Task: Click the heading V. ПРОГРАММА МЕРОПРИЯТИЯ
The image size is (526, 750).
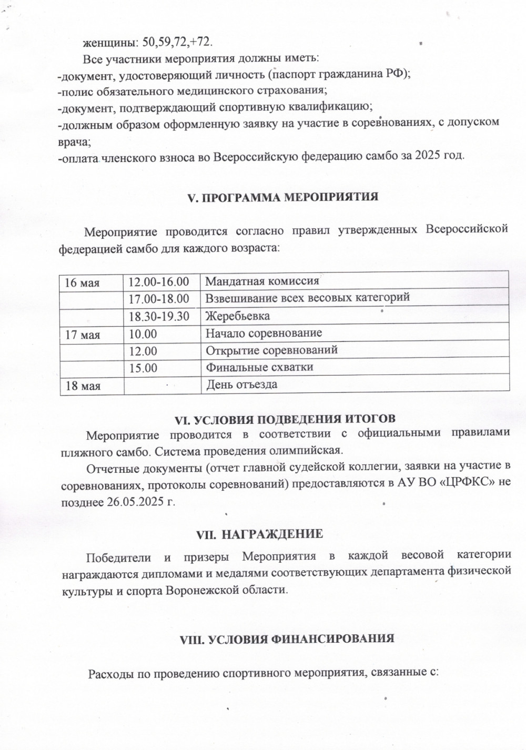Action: pos(283,198)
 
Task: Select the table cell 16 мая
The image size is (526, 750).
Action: pos(82,282)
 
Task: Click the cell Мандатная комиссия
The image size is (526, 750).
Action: pos(262,281)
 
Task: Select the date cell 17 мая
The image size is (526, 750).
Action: pos(83,334)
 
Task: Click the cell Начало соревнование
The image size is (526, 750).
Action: pos(264,333)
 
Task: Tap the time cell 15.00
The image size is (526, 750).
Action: pos(143,368)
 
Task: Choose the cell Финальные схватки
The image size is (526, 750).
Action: pos(259,367)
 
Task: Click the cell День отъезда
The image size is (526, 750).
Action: pos(241,384)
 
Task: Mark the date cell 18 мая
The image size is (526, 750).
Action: pos(83,386)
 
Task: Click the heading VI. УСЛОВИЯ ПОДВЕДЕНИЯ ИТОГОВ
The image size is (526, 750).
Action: pos(285,420)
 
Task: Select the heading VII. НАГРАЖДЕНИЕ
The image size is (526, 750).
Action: pos(259,534)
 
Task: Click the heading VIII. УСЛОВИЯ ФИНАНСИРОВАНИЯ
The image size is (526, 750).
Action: pos(287,639)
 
